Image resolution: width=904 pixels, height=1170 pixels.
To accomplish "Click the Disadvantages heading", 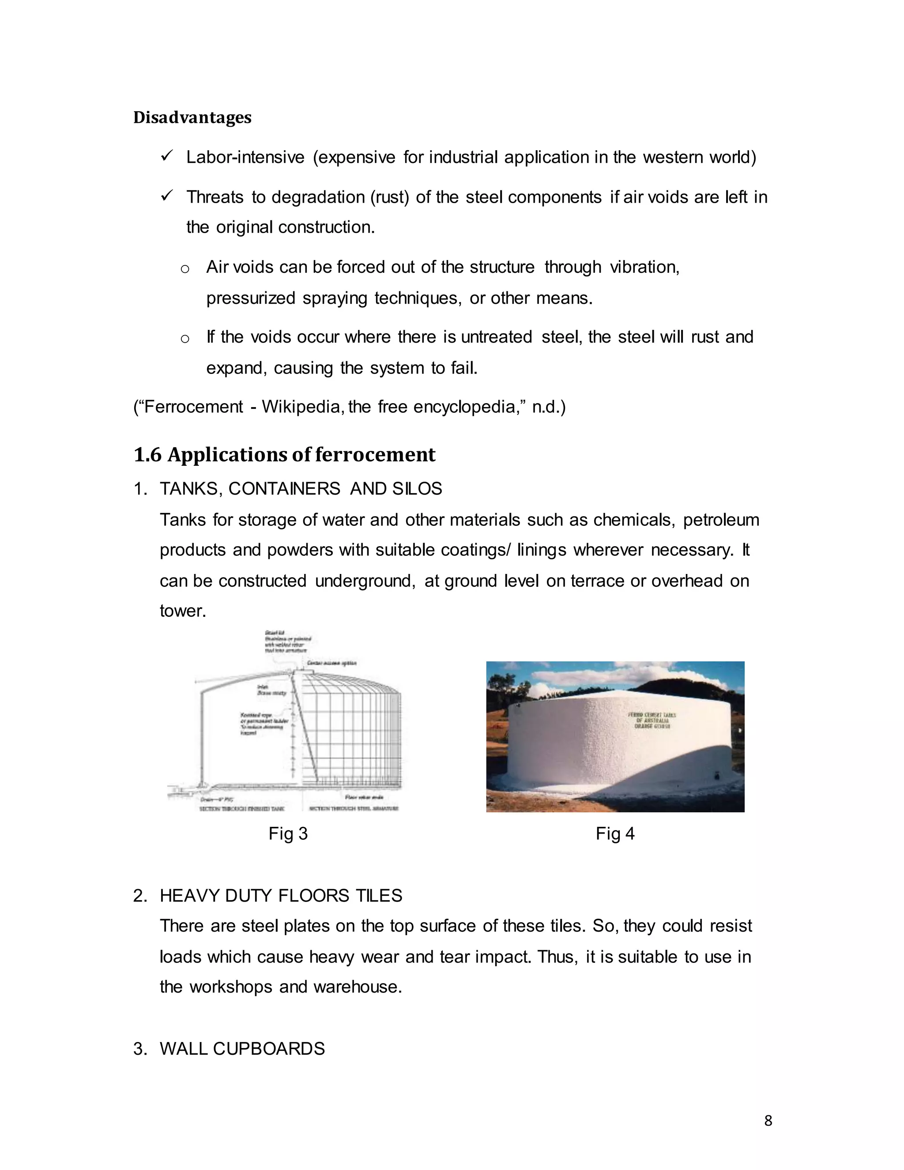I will click(192, 117).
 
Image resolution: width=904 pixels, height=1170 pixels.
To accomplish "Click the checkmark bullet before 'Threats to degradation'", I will click(166, 196).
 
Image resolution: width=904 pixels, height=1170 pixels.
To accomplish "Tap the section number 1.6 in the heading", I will click(147, 455).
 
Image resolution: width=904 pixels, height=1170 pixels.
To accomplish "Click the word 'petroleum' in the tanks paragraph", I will click(721, 520).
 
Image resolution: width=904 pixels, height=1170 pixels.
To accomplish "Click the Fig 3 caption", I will click(288, 834).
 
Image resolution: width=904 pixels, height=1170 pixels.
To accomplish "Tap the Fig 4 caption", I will click(615, 834).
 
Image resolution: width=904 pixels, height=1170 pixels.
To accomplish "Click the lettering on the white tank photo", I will click(651, 721).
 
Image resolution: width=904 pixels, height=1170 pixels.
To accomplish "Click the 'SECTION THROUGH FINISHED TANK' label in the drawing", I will click(241, 808).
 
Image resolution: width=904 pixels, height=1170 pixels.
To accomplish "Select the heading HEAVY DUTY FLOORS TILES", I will click(281, 896).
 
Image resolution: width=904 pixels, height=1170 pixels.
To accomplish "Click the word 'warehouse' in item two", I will click(357, 987).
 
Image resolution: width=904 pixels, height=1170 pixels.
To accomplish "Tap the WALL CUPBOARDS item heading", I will click(242, 1049).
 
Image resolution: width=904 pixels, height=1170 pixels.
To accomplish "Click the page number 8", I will click(768, 1121).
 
